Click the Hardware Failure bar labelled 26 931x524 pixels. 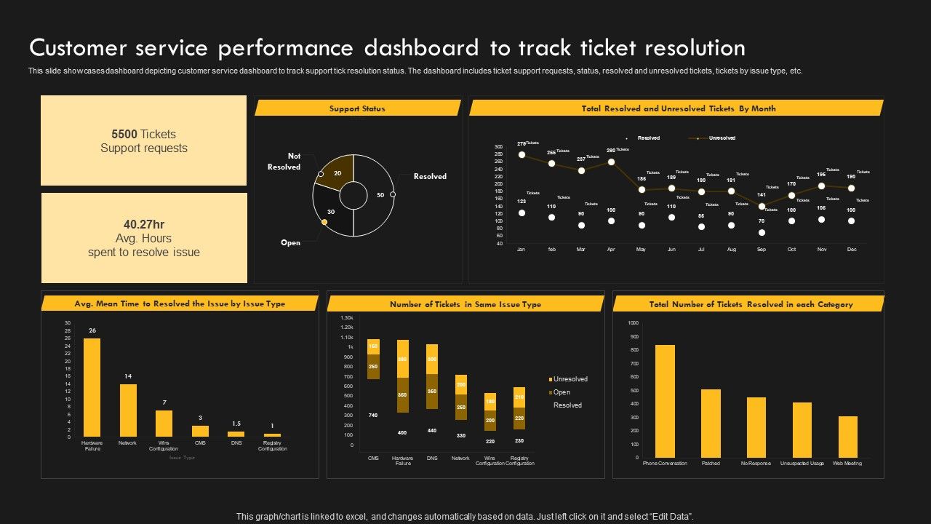click(92, 387)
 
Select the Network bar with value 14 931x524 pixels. click(128, 410)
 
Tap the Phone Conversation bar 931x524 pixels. click(665, 401)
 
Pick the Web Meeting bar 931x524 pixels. click(848, 437)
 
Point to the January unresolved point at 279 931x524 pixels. click(522, 155)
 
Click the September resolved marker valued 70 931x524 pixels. click(762, 233)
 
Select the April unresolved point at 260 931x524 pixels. click(611, 162)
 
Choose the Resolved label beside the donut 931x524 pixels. click(430, 177)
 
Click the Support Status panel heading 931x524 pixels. click(357, 108)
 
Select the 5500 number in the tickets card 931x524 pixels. click(124, 134)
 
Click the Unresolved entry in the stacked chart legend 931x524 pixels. click(570, 379)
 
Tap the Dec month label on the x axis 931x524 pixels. click(852, 250)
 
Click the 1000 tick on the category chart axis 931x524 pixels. click(633, 322)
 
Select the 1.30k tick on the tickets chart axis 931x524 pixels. click(346, 318)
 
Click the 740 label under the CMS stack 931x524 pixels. click(373, 415)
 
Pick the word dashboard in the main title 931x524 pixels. click(421, 48)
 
